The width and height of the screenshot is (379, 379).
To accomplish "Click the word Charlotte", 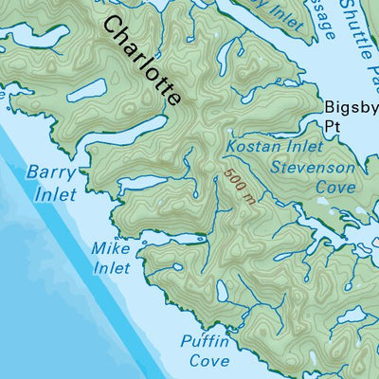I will coord(143,61).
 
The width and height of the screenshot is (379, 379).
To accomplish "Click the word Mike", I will coord(110,248).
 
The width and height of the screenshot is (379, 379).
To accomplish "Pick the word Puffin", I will coord(205,343).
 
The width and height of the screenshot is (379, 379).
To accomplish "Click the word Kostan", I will coord(248,148).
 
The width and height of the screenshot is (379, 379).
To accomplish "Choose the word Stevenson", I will coord(313,168).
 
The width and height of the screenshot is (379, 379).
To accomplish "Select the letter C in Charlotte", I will coord(112,26).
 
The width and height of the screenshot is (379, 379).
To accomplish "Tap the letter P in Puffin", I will coord(187,343).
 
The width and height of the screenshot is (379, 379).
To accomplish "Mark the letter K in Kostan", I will coord(231,148).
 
